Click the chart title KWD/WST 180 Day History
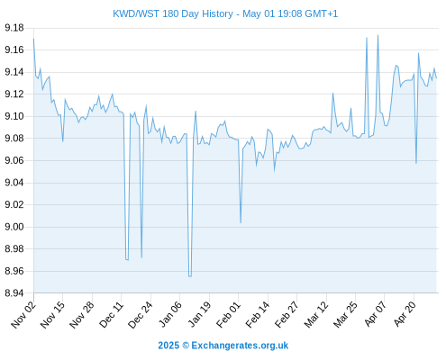pos(173,13)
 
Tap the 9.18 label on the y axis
pos(14,28)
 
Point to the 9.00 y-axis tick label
pos(14,227)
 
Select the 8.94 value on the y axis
pos(14,292)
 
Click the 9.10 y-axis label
pos(14,116)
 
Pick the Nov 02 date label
pos(23,314)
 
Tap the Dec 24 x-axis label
pos(141,314)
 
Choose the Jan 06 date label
pos(169,314)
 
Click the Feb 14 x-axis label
pos(258,314)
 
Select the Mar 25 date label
pos(345,314)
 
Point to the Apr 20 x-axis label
pos(405,314)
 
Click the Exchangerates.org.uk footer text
pos(240,346)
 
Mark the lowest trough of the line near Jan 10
pos(190,276)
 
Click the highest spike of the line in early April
pos(378,35)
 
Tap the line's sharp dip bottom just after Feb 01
pos(241,222)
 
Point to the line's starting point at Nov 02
pos(33,39)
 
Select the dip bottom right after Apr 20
pos(416,163)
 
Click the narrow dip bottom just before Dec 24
pos(141,257)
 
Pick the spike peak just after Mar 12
pos(332,93)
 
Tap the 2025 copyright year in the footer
pos(168,346)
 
